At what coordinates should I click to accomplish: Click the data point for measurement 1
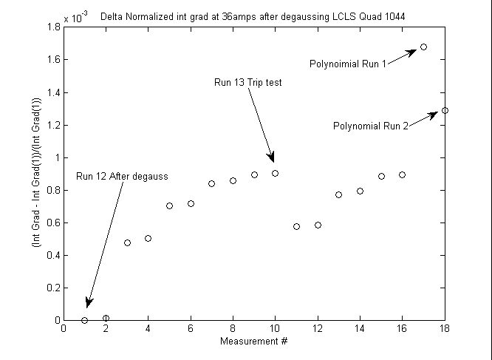tap(85, 320)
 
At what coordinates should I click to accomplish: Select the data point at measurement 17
tap(423, 47)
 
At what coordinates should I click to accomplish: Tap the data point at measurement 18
tap(445, 110)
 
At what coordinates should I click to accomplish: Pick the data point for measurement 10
tap(275, 173)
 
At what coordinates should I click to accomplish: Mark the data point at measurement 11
tap(296, 226)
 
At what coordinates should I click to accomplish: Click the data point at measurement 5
tap(169, 206)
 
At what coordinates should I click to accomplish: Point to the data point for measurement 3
tap(127, 242)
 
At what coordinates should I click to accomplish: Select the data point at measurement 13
tap(338, 194)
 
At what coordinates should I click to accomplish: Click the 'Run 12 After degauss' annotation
tap(123, 176)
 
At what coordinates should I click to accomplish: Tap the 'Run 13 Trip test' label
tap(247, 83)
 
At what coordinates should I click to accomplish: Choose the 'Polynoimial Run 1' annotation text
tap(348, 64)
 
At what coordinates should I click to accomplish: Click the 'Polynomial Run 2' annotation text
tap(371, 126)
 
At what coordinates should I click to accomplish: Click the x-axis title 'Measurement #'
tap(253, 342)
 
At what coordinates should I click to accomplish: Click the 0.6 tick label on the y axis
tap(53, 223)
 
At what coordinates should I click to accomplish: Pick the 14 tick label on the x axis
tap(360, 329)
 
